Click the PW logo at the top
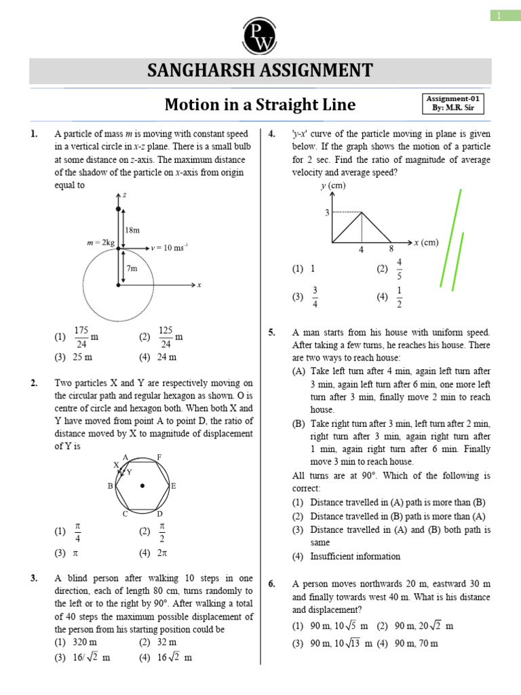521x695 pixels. point(260,32)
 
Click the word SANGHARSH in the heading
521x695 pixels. point(204,71)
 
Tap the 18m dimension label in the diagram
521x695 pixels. point(132,230)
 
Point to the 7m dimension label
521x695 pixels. point(131,268)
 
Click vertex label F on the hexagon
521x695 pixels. point(159,457)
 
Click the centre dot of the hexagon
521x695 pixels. point(142,486)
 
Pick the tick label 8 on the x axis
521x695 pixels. point(391,250)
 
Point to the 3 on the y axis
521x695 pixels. point(326,213)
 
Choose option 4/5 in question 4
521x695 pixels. point(399,268)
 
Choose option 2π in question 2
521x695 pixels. point(163,552)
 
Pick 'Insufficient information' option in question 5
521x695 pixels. point(355,556)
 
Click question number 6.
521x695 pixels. point(271,584)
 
